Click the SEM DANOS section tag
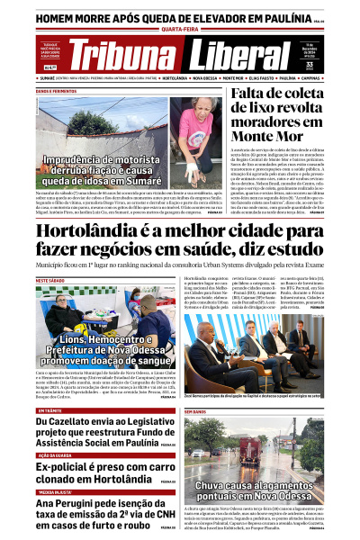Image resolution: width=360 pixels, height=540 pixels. tap(195, 411)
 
